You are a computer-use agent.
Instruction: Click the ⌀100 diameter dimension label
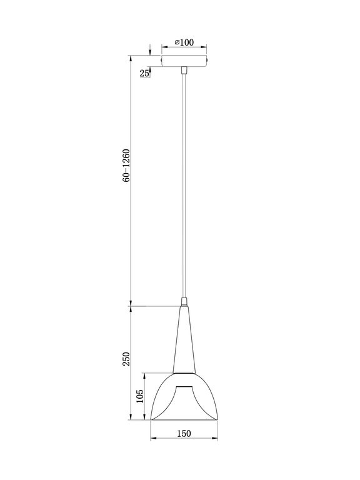tap(184, 42)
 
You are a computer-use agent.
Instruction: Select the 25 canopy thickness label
tap(144, 73)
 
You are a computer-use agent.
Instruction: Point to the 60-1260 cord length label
tap(126, 166)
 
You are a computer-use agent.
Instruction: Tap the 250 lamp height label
tap(126, 359)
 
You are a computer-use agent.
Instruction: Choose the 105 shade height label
tap(140, 396)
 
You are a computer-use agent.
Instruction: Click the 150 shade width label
tap(184, 432)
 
